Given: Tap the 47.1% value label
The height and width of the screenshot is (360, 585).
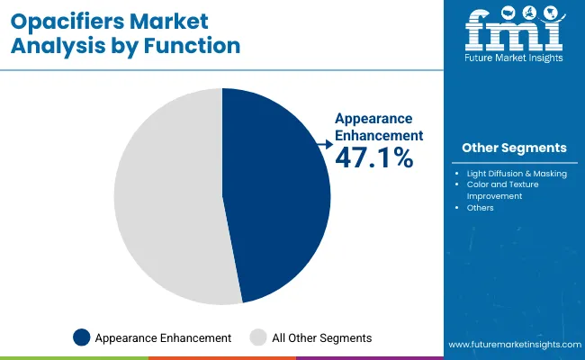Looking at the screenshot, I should pos(373,157).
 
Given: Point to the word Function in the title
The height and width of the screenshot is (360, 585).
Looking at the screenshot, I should pos(196,45).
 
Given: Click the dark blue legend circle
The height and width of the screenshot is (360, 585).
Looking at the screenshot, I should pos(82,337).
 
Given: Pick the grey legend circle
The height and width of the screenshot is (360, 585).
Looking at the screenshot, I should pos(257,337).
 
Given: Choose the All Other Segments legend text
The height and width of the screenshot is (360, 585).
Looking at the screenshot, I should pos(322,337).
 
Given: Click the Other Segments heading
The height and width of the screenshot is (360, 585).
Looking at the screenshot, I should pos(514,148).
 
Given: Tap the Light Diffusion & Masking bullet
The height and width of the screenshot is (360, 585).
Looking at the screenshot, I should pos(517,173).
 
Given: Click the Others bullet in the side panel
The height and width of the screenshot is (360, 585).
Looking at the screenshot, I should pos(481,208).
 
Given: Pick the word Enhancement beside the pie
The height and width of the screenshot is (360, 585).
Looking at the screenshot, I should pos(378,134).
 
